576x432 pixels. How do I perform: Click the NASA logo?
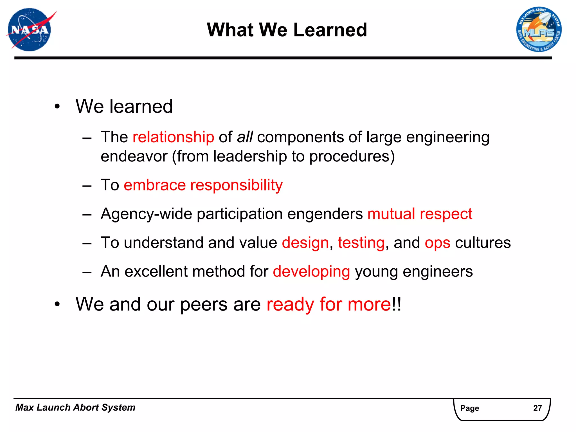pos(30,30)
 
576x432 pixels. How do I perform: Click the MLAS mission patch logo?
pos(539,30)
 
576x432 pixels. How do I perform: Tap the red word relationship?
pos(173,137)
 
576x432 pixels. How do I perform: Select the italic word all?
pos(245,137)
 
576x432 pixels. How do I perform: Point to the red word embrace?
pos(155,185)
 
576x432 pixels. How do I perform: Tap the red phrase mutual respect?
pos(420,214)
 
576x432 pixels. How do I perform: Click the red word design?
pos(305,243)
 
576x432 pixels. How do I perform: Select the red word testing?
pos(361,243)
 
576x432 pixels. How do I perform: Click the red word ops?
pos(437,243)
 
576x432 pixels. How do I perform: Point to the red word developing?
pos(311,272)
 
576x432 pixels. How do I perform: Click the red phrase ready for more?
pos(328,305)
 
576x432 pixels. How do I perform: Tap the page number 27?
pos(537,408)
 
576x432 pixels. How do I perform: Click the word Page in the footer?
pos(469,408)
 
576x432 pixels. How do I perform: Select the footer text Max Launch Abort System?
pos(75,408)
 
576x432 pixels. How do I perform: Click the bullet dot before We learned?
pos(57,107)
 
